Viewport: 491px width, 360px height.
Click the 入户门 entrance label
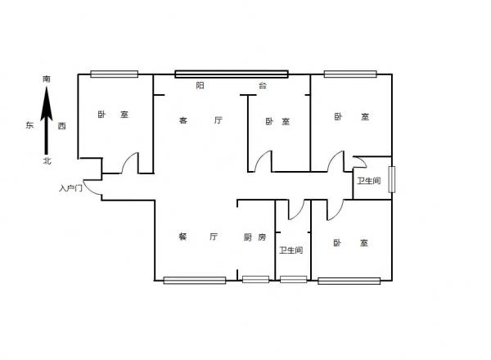(x=70, y=188)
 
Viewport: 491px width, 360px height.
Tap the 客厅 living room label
(x=200, y=120)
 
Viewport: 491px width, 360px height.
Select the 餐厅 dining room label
(x=198, y=236)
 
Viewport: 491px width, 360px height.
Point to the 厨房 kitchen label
(x=255, y=237)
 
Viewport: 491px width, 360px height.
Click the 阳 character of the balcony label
(x=200, y=85)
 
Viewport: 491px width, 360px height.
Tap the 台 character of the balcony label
(x=263, y=85)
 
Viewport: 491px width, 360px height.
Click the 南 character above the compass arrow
(x=47, y=79)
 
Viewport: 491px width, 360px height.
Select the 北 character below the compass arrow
(x=47, y=161)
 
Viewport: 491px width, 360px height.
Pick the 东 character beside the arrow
(x=29, y=125)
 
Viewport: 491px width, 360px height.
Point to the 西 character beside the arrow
(x=61, y=126)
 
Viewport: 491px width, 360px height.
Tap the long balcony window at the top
(x=232, y=74)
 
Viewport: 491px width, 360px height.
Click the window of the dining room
(x=195, y=280)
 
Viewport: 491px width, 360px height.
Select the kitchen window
(x=255, y=279)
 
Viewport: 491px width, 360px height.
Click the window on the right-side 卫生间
(x=392, y=179)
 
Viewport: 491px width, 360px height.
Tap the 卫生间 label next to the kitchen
(x=291, y=250)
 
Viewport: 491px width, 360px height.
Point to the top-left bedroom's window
(x=115, y=74)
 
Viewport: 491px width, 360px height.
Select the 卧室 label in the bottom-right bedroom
(x=350, y=243)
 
